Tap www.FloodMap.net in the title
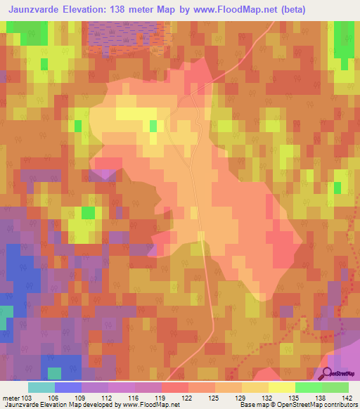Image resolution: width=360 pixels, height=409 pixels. pyautogui.click(x=240, y=11)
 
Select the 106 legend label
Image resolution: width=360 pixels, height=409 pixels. pyautogui.click(x=68, y=398)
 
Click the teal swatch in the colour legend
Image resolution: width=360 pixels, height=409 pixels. pyautogui.click(x=41, y=387)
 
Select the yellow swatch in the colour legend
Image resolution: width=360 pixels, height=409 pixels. pyautogui.click(x=281, y=387)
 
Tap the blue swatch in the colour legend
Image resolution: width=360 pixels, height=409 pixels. pyautogui.click(x=67, y=387)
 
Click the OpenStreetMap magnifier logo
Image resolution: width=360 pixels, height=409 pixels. pyautogui.click(x=328, y=373)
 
